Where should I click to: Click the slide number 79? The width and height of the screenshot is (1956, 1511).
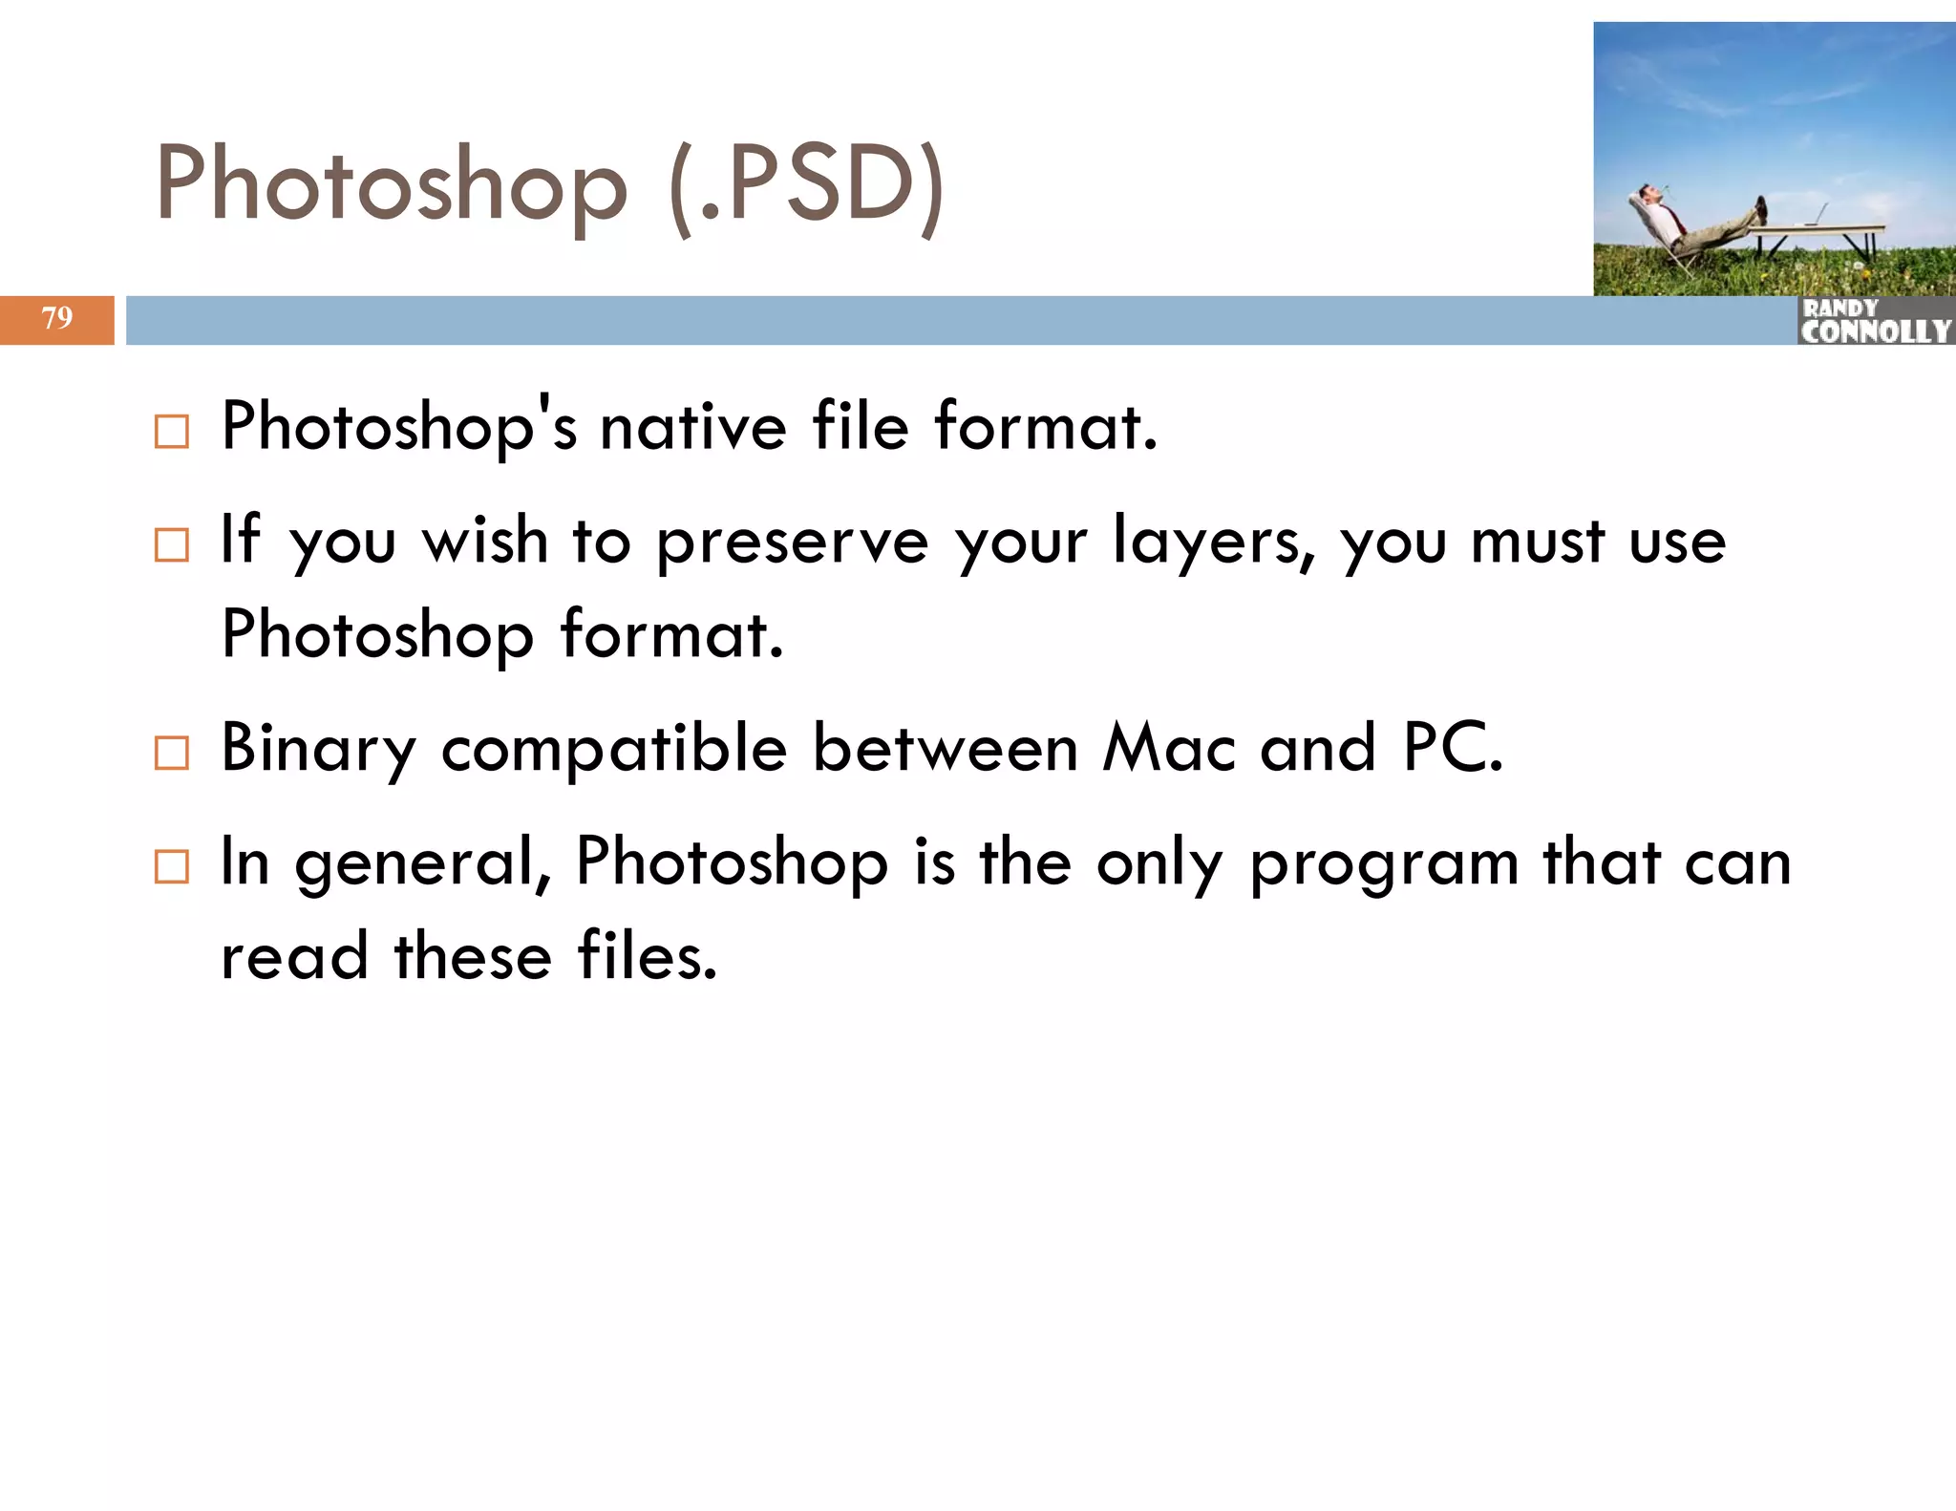point(57,317)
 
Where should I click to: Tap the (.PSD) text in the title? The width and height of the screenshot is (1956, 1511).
point(807,186)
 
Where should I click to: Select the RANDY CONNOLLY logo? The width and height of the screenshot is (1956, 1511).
point(1875,321)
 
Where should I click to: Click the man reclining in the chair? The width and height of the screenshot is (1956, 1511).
point(1686,222)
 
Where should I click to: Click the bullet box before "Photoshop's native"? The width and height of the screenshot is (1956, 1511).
point(172,432)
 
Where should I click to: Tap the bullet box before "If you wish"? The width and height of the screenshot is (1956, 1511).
point(172,545)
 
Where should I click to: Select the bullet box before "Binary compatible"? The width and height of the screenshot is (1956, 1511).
point(172,754)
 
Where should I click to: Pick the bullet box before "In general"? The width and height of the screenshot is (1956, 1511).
point(172,866)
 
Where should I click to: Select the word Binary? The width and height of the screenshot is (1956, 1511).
point(318,750)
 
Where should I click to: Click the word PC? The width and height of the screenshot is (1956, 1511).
point(1452,748)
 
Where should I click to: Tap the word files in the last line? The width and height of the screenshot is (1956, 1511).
point(646,955)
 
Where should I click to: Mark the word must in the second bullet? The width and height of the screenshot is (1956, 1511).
point(1537,542)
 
